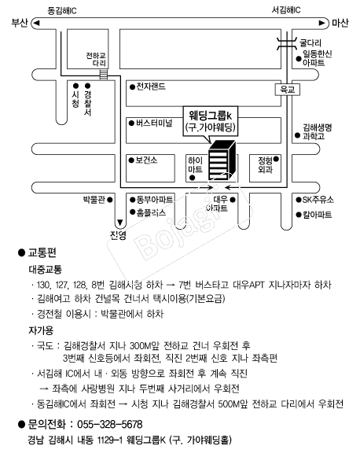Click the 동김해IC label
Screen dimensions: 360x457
pyautogui.click(x=62, y=11)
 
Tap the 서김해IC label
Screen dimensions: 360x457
pyautogui.click(x=286, y=10)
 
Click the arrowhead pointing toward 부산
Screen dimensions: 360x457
pyautogui.click(x=36, y=23)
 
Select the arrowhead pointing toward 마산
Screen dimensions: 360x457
pyautogui.click(x=321, y=23)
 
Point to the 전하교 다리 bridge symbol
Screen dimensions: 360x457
pyautogui.click(x=104, y=74)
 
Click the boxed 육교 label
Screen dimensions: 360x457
pyautogui.click(x=287, y=90)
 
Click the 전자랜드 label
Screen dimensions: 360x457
pyautogui.click(x=151, y=87)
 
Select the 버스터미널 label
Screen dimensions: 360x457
pyautogui.click(x=154, y=123)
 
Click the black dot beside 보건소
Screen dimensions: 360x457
pyautogui.click(x=131, y=160)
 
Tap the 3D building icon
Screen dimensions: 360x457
pyautogui.click(x=222, y=160)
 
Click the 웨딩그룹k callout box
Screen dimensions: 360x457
pyautogui.click(x=211, y=121)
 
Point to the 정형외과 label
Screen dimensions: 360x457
pyautogui.click(x=265, y=165)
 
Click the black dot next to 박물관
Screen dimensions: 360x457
pyautogui.click(x=110, y=200)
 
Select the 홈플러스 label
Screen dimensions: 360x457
pyautogui.click(x=151, y=212)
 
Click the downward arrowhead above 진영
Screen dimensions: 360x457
pyautogui.click(x=119, y=223)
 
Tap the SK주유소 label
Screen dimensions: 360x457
pyautogui.click(x=318, y=200)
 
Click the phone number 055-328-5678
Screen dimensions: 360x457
pyautogui.click(x=110, y=425)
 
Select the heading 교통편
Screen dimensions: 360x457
pyautogui.click(x=42, y=252)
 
